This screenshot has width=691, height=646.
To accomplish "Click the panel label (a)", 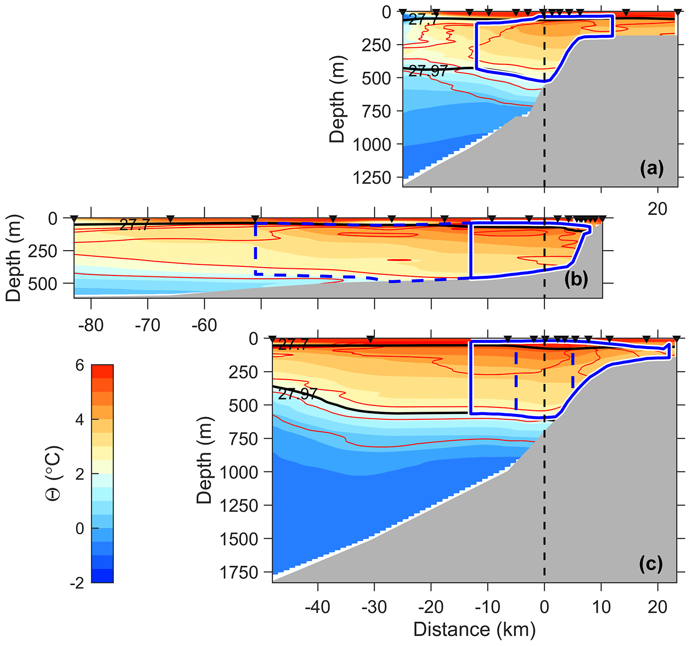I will (652, 169).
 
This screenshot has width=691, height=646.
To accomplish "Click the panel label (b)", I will (576, 279).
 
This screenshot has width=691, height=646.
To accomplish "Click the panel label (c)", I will (651, 564).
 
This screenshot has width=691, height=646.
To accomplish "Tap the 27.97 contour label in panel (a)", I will (428, 71).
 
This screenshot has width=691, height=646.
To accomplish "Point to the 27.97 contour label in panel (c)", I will (298, 394).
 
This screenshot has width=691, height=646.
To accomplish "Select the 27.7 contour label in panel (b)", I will (134, 225).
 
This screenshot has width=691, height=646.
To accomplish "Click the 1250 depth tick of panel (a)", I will (372, 178).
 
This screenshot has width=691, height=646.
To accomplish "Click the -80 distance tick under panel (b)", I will (90, 326).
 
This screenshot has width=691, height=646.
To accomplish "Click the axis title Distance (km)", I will (474, 630).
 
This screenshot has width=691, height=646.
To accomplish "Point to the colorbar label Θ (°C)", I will (54, 473).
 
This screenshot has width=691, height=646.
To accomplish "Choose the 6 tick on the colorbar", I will (80, 366).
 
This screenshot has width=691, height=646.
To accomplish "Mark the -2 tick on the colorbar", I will (76, 583).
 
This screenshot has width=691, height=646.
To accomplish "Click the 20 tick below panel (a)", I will (658, 208).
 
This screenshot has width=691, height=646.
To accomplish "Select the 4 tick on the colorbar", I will (80, 420).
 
